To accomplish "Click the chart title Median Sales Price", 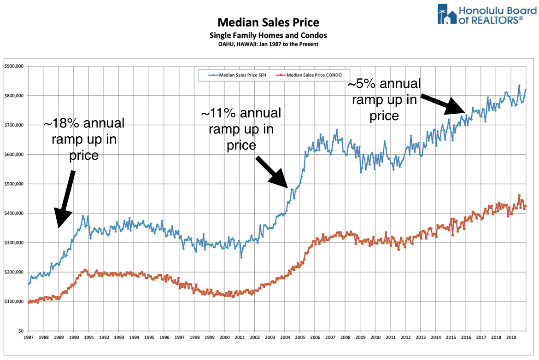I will [x=268, y=23].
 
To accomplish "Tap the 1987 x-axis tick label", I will [x=29, y=337].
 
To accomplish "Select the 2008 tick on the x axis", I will [x=345, y=337].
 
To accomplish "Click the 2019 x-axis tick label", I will [x=511, y=337].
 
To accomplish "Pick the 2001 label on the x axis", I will [x=240, y=337].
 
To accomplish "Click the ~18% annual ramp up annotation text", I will [x=84, y=139].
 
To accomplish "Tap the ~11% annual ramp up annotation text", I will [x=241, y=128].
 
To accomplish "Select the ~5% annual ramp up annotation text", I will [x=384, y=99].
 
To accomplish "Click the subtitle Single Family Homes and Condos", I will [x=268, y=35].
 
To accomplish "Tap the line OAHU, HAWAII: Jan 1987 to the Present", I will [x=268, y=44].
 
